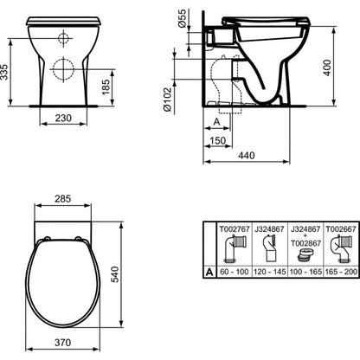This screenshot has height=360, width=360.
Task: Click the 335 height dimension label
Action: [x=4, y=72]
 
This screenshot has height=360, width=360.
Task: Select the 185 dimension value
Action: [x=106, y=87]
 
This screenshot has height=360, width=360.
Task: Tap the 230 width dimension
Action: [x=63, y=118]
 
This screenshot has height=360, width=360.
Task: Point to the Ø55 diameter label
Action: [x=183, y=19]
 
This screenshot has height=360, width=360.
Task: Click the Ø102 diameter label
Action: [x=168, y=100]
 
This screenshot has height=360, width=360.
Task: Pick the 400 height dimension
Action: [x=327, y=68]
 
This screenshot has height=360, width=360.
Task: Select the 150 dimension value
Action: [x=217, y=141]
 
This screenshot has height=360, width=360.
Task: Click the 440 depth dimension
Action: [x=247, y=156]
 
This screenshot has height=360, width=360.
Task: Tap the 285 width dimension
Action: [x=62, y=199]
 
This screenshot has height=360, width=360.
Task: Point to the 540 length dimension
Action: [x=114, y=274]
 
